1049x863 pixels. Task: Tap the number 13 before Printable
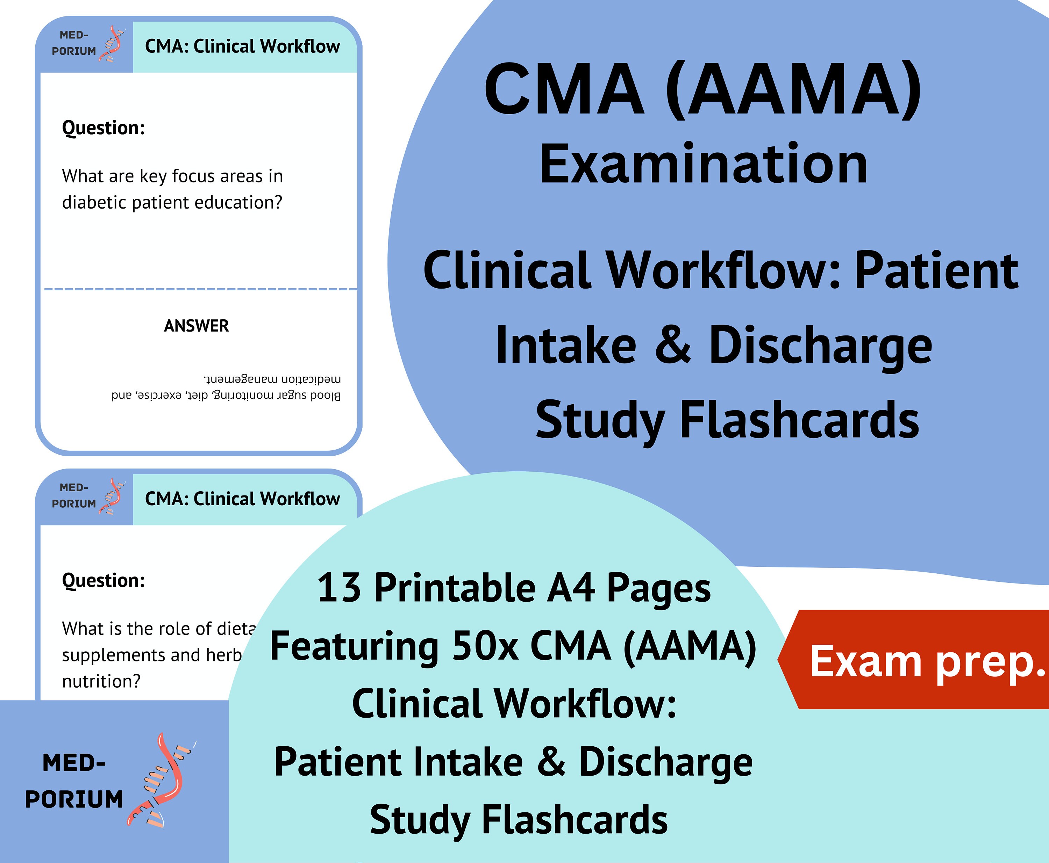339,588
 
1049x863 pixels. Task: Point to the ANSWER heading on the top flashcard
197,326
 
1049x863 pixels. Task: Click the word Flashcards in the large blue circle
799,421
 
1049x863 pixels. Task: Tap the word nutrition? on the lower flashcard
101,681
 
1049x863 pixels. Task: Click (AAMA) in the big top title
793,89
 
